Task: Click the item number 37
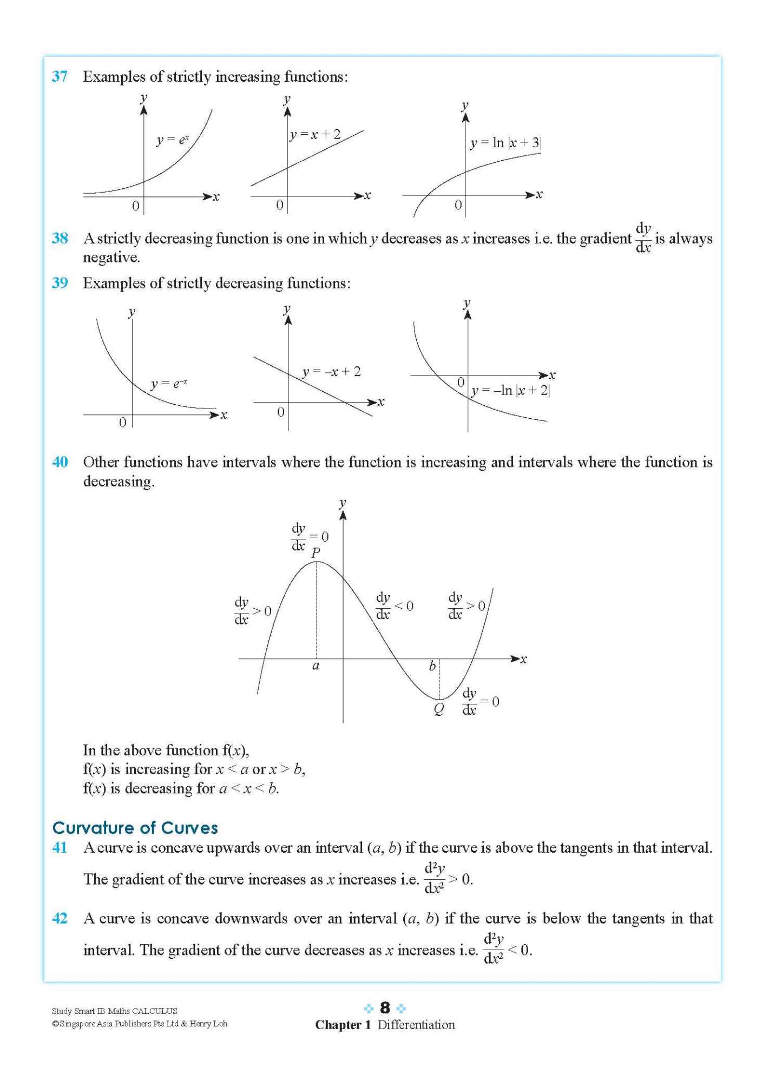(60, 76)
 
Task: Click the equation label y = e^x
(173, 140)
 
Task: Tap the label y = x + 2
(315, 134)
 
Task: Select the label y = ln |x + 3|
(505, 143)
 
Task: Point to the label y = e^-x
(169, 384)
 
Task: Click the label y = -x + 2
(331, 372)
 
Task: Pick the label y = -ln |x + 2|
(510, 390)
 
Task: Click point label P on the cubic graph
(316, 552)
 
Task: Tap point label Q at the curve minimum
(439, 709)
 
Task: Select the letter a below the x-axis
(316, 666)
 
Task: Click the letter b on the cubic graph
(432, 666)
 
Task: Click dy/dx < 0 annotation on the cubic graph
(394, 606)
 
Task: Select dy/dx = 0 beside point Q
(480, 702)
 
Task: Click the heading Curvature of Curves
(135, 827)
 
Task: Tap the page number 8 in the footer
(385, 1007)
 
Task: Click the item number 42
(60, 918)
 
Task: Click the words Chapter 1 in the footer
(343, 1025)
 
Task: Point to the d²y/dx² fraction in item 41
(434, 879)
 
